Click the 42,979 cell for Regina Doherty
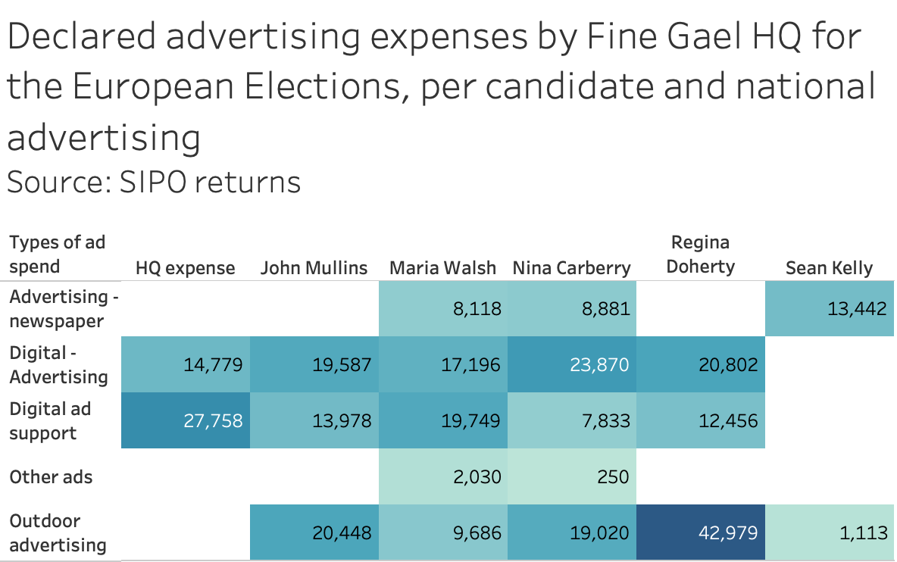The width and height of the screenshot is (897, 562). pos(700,532)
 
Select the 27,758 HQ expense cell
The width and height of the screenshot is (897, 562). pos(186,420)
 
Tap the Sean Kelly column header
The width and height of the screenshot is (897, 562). pos(829,267)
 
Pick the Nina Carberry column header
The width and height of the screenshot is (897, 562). pos(571,267)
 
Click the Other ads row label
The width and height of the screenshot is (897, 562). pos(51,477)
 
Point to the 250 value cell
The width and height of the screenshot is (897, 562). pos(571,476)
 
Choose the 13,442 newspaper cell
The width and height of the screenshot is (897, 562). pos(830,309)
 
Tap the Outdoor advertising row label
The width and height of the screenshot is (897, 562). pos(58,532)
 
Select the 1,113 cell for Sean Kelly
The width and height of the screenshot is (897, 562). pos(830,532)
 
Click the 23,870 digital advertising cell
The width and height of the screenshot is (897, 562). pos(571,364)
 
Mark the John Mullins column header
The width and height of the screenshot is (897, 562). pos(314,267)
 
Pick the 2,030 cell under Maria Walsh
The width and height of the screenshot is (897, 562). pos(442,476)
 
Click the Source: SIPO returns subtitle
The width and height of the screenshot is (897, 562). pos(154,183)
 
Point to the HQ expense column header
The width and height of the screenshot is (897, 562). pos(186,268)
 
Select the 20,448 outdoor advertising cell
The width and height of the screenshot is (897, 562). pos(314,532)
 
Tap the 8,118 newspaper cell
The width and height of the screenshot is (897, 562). pos(442,309)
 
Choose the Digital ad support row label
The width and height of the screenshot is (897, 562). pos(50,421)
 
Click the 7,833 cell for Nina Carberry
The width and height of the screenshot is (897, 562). pos(571,420)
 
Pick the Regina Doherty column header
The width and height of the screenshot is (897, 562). pos(700,254)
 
